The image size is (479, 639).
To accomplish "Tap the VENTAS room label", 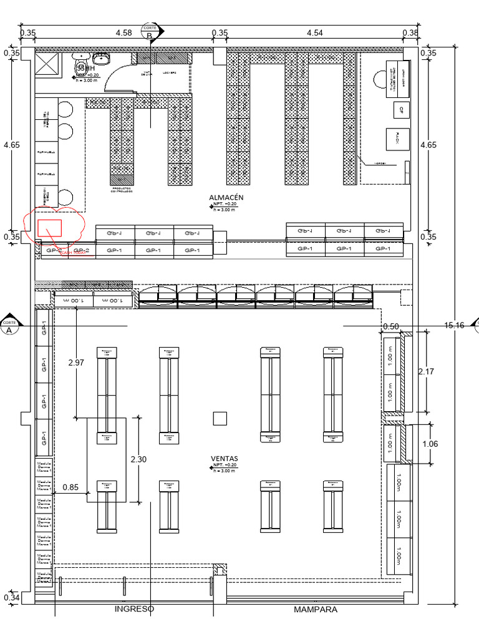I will click(x=225, y=458).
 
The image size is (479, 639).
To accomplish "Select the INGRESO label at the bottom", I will click(x=134, y=609).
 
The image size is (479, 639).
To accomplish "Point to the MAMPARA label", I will click(x=315, y=609).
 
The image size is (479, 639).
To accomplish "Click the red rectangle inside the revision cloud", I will click(x=49, y=227).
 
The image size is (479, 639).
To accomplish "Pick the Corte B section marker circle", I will click(x=150, y=32).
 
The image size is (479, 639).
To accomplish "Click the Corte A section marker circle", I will click(x=9, y=326).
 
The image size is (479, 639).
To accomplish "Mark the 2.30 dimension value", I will click(x=139, y=459).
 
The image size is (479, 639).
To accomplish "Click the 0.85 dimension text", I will click(x=71, y=489).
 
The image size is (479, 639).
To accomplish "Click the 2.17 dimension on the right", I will click(x=427, y=371).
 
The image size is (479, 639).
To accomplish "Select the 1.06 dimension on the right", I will click(x=430, y=444).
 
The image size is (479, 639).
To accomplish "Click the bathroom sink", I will click(x=101, y=58).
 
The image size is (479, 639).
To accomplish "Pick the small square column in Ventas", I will click(x=219, y=418).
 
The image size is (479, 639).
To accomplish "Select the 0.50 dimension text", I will click(x=391, y=326).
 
